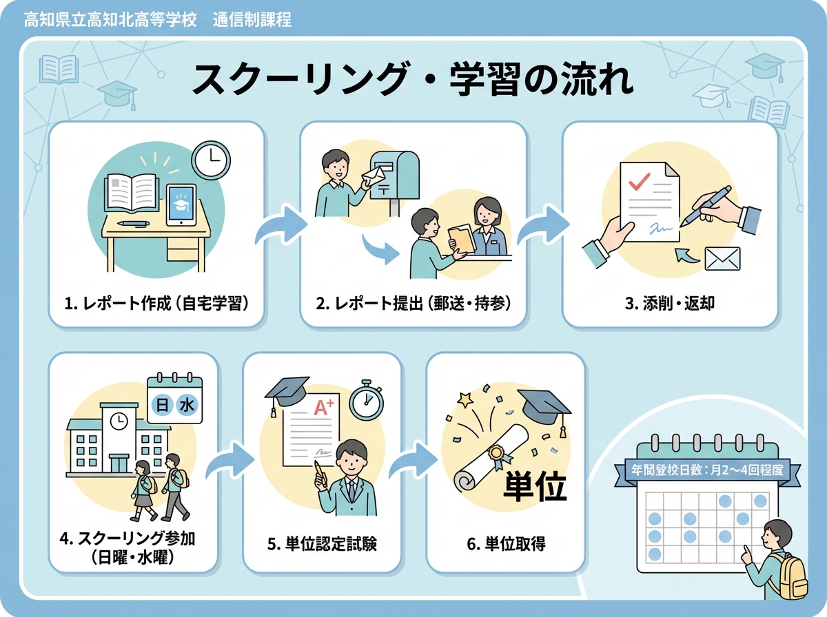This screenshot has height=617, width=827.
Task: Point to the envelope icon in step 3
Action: click(722, 258)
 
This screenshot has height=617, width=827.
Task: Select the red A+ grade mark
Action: click(323, 408)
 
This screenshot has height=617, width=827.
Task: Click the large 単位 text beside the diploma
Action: click(535, 485)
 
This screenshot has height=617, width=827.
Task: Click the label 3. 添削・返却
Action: click(670, 302)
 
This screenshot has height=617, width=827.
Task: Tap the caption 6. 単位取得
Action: click(506, 543)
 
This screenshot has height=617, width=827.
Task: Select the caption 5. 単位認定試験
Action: click(322, 543)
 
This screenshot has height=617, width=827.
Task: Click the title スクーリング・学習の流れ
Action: click(413, 80)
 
